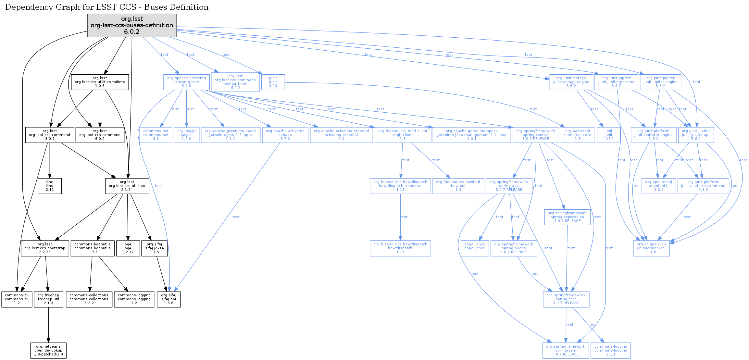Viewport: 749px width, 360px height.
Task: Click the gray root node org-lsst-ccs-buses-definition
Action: pos(132,25)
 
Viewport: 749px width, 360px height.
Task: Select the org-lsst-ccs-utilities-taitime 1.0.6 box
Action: pos(100,82)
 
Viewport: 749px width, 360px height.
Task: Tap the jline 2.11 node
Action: pos(50,186)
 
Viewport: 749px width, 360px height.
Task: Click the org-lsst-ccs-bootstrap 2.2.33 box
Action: pos(45,248)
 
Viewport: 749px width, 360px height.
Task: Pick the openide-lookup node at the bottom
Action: pos(48,351)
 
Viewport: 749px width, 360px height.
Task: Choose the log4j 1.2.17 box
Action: pos(128,248)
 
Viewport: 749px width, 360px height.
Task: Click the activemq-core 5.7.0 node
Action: pos(186,82)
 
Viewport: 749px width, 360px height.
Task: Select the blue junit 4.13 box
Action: pos(273,82)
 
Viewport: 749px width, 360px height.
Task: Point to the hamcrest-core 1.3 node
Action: pos(578,135)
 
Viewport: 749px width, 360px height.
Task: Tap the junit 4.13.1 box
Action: pos(608,135)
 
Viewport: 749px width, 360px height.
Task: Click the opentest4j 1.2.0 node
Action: pos(659,186)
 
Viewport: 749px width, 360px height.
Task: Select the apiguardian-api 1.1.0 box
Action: pos(651,248)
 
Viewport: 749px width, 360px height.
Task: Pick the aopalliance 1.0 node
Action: pos(475,248)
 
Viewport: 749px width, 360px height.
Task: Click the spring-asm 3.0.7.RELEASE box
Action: pos(566,351)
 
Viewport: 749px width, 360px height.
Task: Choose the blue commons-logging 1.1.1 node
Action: pos(611,351)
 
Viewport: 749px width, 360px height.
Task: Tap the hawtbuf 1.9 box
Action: pos(458,186)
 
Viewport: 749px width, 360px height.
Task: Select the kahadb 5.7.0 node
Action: pos(285,135)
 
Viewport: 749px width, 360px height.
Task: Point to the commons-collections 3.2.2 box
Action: pos(89,299)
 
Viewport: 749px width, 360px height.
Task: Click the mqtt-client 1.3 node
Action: pos(403,135)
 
